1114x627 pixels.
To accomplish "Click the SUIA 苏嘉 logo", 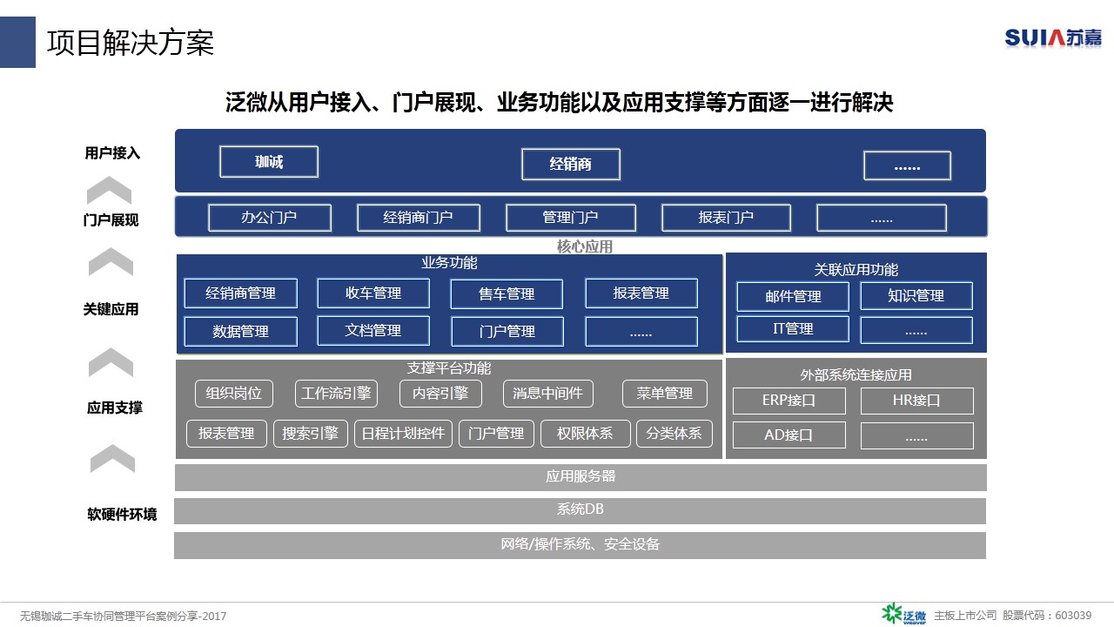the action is coord(1052,38).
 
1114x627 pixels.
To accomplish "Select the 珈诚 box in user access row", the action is coord(269,162).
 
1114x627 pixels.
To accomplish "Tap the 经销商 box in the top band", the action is coord(571,165).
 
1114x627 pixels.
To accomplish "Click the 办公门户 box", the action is coord(270,218).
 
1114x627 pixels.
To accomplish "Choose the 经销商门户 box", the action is coord(419,218).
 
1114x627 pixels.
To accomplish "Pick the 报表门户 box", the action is coord(726,218).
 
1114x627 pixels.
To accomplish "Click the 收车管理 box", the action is coord(373,293).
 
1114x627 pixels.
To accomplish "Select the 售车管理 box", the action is coord(507,294).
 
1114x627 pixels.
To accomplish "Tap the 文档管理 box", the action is coord(373,330).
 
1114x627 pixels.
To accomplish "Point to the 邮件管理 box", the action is coord(793,297).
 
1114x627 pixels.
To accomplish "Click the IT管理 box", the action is coord(793,329).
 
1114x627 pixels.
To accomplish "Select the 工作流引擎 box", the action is coord(336,394).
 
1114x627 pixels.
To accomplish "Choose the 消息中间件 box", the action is coord(548,394).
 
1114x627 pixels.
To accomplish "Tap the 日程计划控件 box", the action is coord(403,434).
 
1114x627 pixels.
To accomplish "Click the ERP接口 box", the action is coord(789,401).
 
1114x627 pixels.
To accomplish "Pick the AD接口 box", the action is coord(789,435).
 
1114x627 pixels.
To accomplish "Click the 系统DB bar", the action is coord(580,510).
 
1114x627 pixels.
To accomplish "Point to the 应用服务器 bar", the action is coord(580,477).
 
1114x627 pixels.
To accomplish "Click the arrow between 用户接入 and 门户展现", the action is coord(109,190).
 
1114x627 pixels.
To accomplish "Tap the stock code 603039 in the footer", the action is coord(1073,616).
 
